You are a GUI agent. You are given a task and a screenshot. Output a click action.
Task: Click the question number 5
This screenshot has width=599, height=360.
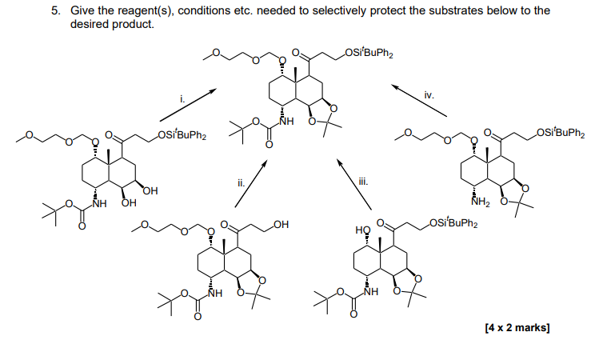click(x=55, y=10)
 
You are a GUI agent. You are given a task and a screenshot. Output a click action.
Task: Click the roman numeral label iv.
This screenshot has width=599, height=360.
click(x=429, y=94)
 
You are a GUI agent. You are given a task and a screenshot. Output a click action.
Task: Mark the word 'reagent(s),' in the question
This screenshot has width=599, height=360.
click(x=127, y=10)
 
